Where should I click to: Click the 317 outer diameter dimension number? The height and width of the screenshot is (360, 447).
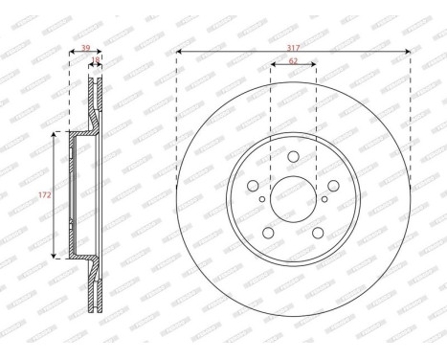[x=294, y=45]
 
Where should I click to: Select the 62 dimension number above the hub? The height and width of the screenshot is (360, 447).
[x=294, y=61]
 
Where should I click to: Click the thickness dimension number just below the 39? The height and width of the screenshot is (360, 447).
[x=94, y=60]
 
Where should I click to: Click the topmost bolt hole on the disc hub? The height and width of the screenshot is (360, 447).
[x=294, y=156]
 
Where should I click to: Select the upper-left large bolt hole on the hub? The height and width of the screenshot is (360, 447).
[x=254, y=187]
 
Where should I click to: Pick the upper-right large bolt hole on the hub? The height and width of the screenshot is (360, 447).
[x=333, y=187]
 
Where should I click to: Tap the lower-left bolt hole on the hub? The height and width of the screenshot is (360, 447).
[x=269, y=233]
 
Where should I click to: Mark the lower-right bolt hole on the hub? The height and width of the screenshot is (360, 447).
[x=318, y=233]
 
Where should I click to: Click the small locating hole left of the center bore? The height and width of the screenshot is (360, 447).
[x=262, y=199]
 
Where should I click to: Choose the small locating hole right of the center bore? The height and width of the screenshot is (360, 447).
[x=324, y=199]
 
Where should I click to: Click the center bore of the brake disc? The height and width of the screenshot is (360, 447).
[x=294, y=199]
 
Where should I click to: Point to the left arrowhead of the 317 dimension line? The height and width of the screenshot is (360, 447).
[x=179, y=52]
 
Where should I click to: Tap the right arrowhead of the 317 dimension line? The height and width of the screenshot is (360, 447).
[x=409, y=52]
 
